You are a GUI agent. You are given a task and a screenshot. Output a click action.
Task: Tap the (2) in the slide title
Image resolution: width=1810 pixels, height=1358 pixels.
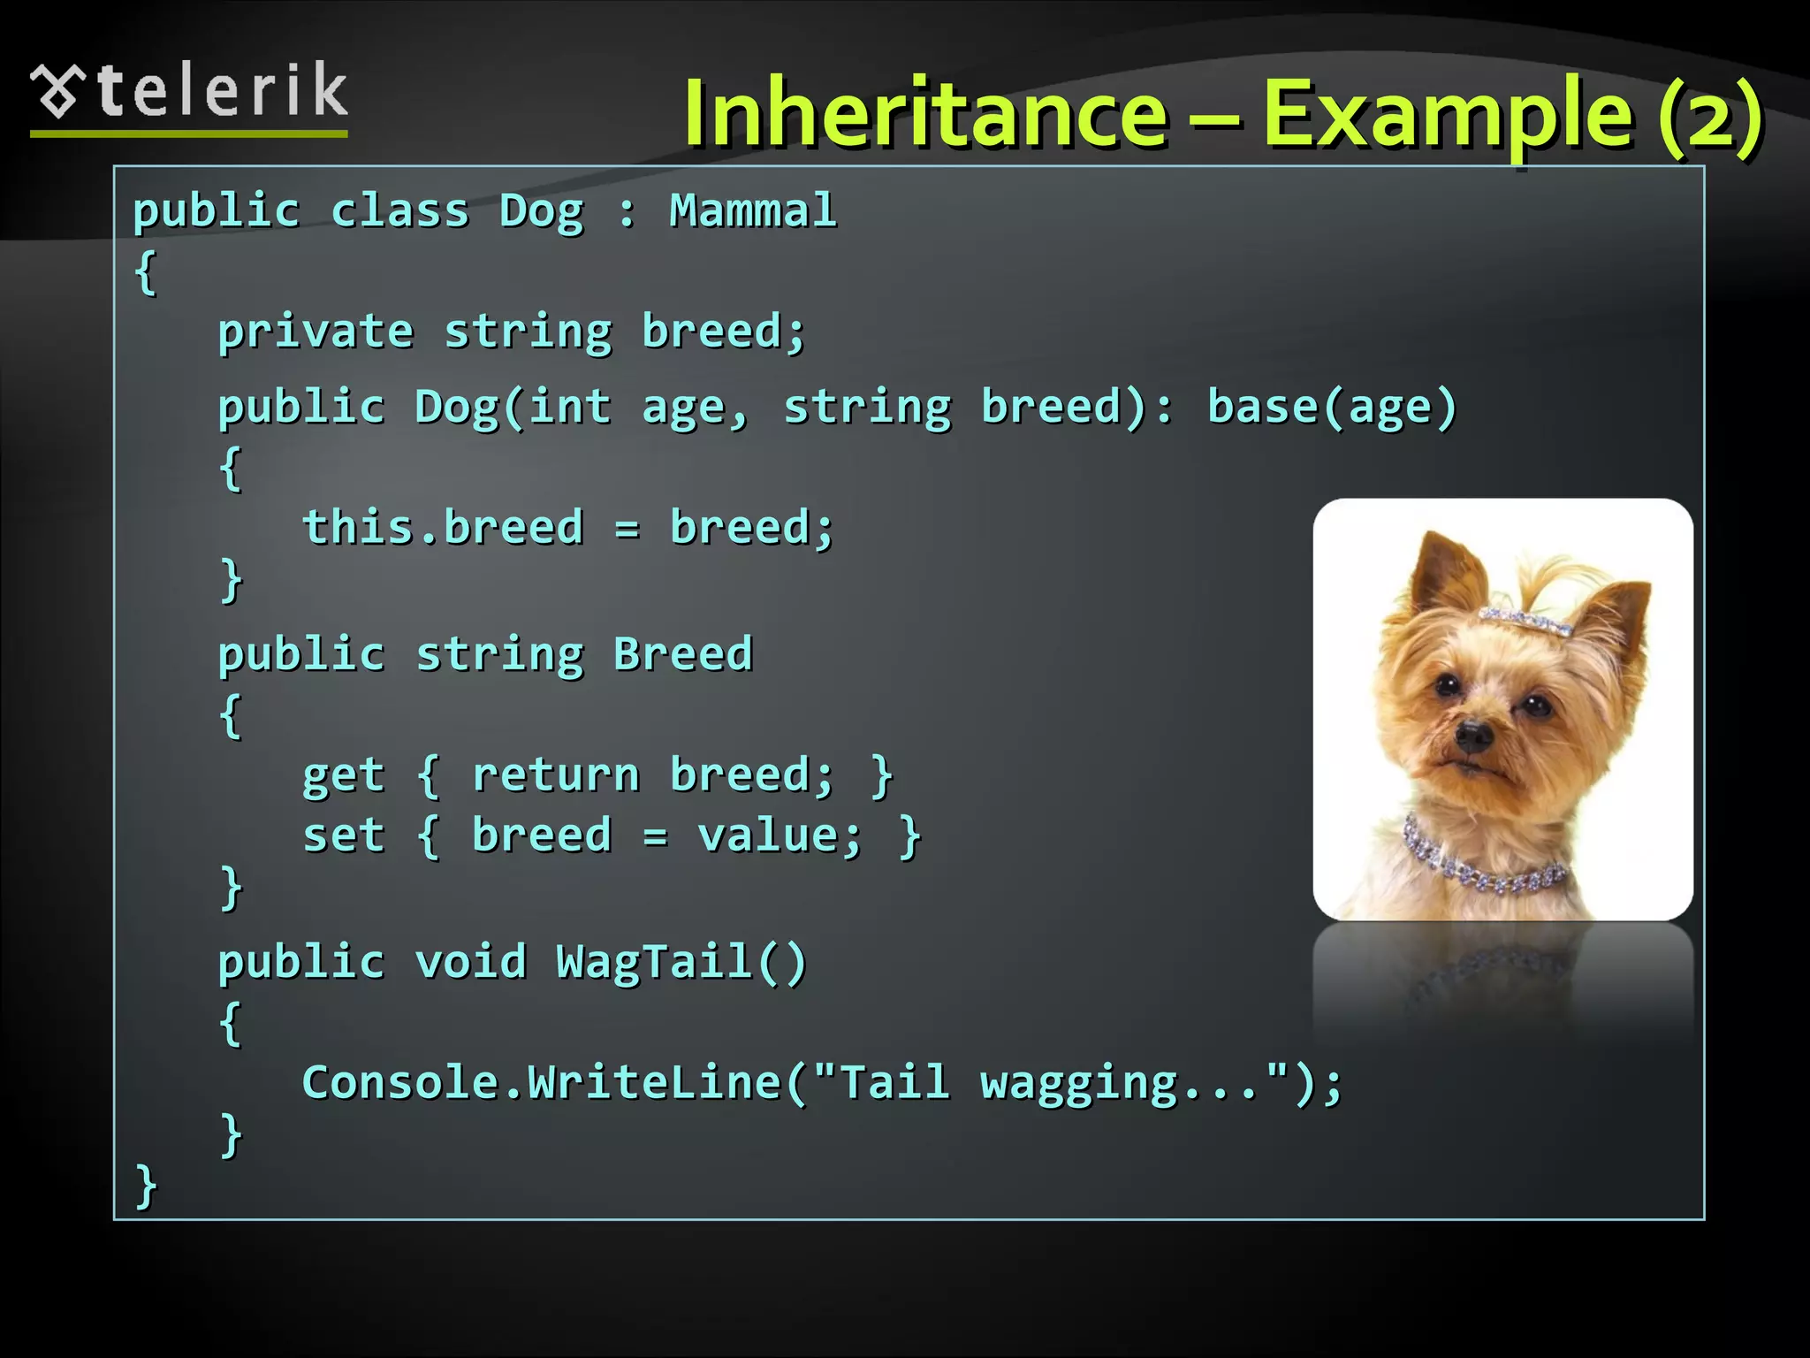(1709, 115)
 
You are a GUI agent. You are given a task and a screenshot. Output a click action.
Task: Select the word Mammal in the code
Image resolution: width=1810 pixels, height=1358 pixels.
(752, 211)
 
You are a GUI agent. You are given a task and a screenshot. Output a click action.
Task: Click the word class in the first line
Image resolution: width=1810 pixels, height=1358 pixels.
(399, 211)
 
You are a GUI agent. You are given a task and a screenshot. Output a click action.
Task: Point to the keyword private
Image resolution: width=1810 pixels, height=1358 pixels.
(316, 332)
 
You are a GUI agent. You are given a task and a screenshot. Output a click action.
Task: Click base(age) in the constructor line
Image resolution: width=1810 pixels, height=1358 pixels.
(1331, 408)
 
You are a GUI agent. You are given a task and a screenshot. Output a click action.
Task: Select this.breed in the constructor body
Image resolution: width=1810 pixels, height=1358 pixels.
(443, 528)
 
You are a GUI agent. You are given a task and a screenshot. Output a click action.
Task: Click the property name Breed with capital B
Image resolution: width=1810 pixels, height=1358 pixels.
(682, 655)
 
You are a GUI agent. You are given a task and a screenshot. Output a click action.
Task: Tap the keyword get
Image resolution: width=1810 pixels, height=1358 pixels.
(343, 775)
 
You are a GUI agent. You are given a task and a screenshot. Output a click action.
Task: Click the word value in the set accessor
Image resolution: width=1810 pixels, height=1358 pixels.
(779, 836)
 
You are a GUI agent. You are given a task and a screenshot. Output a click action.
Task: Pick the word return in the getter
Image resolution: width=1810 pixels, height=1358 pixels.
(555, 775)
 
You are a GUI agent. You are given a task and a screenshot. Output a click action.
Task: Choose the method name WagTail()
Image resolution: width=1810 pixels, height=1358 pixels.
(681, 962)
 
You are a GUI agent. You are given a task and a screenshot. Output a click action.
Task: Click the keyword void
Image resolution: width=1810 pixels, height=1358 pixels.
(470, 962)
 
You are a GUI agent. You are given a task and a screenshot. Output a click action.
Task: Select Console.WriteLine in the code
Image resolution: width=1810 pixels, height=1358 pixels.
(541, 1083)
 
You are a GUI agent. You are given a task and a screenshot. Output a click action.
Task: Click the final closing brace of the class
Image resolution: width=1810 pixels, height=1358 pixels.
(146, 1186)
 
